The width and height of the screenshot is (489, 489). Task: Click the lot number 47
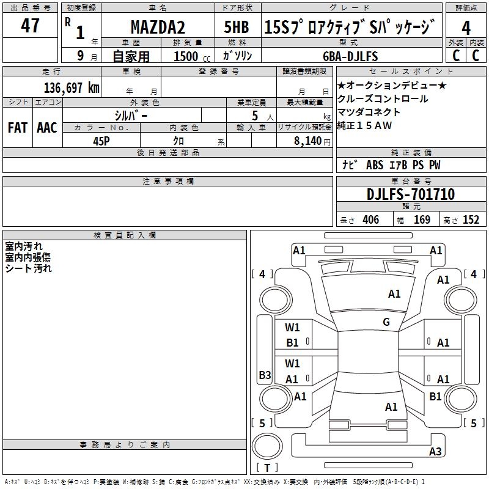pos(30,26)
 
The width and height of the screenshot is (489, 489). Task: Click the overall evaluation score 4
pos(466,28)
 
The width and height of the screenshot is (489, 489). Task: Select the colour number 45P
pos(101,140)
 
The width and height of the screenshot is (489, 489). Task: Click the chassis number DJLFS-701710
pos(411,194)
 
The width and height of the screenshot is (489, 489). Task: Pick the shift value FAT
pos(18,128)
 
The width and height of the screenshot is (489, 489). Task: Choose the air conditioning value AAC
pos(47,128)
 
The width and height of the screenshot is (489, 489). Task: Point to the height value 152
pos(471,220)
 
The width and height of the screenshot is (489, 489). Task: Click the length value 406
pos(370,220)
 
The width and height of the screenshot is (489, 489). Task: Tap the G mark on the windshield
pos(386,322)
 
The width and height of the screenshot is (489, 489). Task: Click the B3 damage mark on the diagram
pos(265,375)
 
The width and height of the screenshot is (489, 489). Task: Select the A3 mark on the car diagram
pos(435,452)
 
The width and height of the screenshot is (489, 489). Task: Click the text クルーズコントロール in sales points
pos(383,99)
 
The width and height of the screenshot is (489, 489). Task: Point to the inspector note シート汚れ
pos(29,268)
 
